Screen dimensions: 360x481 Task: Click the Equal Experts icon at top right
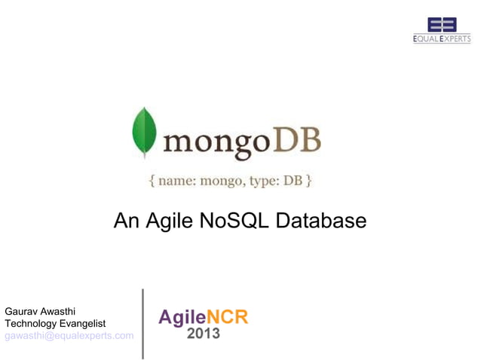tap(442, 24)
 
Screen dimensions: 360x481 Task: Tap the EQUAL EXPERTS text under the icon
tap(442, 39)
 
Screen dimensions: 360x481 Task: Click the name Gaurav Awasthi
tap(40, 310)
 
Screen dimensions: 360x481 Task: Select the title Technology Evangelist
tap(55, 323)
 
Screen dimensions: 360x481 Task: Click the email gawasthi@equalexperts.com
tap(69, 336)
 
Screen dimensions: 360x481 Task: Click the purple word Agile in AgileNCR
tap(182, 317)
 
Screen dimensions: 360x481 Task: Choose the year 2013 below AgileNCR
tap(204, 334)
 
